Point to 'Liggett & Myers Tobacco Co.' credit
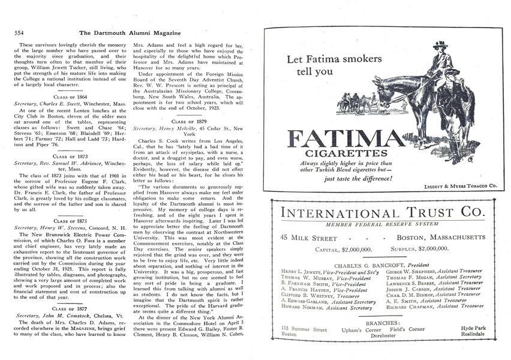pos(464,187)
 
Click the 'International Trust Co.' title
pos(381,213)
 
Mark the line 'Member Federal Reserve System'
pos(382,224)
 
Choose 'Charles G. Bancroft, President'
pos(381,264)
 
